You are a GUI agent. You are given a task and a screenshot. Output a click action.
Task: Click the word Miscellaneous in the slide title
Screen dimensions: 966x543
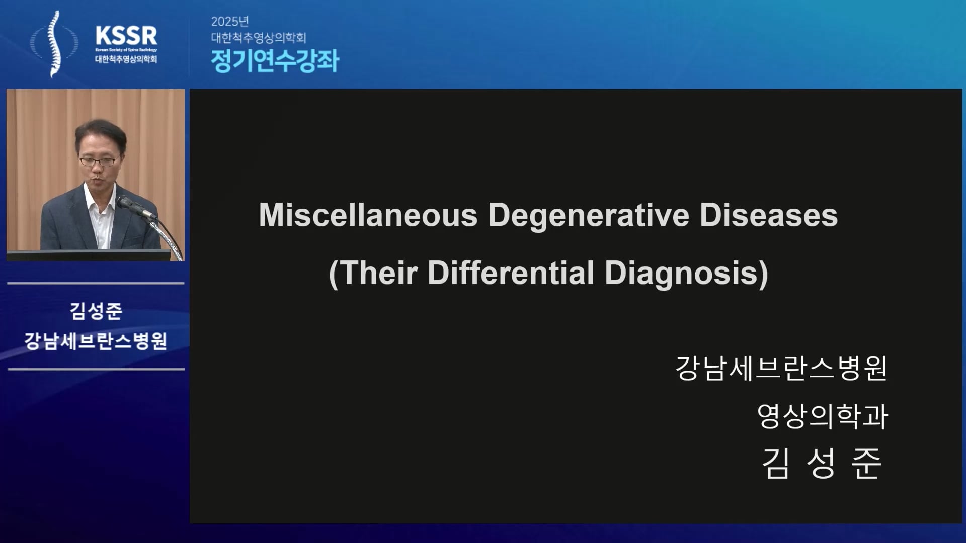pyautogui.click(x=368, y=215)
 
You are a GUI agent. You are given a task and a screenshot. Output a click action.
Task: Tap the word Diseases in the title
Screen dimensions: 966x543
pyautogui.click(x=769, y=215)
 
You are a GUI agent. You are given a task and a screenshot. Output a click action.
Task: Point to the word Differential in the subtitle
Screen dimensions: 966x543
pyautogui.click(x=511, y=273)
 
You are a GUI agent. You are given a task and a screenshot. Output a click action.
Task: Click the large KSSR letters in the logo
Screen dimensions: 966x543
pyautogui.click(x=126, y=36)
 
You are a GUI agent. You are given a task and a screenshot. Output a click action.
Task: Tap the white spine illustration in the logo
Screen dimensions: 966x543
pyautogui.click(x=54, y=44)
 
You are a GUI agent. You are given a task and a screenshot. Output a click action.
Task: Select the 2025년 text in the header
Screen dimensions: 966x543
pyautogui.click(x=230, y=21)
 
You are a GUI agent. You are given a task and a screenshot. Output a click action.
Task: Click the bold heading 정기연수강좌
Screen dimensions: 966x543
pyautogui.click(x=275, y=61)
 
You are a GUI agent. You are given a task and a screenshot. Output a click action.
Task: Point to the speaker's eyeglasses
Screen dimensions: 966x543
pyautogui.click(x=98, y=161)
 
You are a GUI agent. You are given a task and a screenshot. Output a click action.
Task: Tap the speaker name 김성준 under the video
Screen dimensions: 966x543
pyautogui.click(x=96, y=311)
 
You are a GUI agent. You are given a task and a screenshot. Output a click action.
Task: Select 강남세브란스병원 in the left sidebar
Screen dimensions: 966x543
pyautogui.click(x=96, y=341)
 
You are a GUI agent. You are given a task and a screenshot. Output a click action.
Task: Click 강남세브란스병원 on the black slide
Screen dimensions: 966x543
pyautogui.click(x=781, y=369)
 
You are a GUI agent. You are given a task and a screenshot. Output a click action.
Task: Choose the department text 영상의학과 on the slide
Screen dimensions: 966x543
pyautogui.click(x=823, y=416)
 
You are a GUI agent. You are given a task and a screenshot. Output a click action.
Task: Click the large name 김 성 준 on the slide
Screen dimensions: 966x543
pyautogui.click(x=822, y=463)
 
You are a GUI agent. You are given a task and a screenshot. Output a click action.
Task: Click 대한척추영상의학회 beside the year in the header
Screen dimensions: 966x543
pyautogui.click(x=259, y=38)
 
